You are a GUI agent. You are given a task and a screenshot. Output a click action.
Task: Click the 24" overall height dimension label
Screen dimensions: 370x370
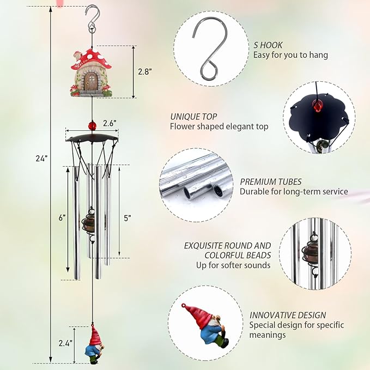point(43,158)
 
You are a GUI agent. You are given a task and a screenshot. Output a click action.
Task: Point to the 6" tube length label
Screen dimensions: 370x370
point(62,217)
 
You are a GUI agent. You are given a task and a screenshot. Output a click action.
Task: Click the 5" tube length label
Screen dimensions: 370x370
point(127,218)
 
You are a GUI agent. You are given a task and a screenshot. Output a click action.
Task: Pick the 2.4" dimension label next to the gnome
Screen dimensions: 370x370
point(65,343)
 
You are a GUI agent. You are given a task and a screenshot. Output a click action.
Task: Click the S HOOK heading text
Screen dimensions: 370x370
point(268,45)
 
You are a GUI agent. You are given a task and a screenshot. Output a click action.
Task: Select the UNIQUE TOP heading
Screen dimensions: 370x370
point(193,117)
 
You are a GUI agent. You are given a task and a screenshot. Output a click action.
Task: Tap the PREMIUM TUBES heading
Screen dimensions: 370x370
point(270,181)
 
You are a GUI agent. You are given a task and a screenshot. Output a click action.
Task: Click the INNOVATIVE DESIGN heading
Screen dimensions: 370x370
point(288,315)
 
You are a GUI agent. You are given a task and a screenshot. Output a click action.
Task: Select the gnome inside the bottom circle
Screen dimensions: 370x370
point(204,324)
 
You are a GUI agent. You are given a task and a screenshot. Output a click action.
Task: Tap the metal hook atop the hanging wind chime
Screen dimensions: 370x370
point(93,17)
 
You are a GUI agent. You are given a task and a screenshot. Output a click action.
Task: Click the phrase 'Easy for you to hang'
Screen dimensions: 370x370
point(290,55)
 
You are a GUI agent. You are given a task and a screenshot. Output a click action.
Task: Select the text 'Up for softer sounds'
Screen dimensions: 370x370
point(233,265)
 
